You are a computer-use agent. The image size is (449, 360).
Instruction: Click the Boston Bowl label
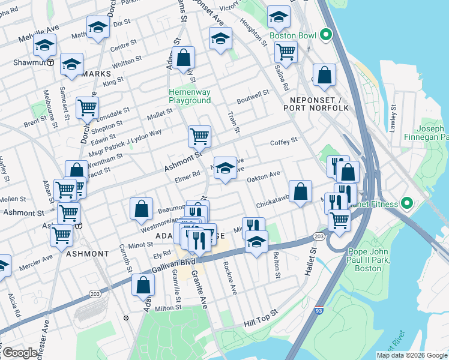click(292, 35)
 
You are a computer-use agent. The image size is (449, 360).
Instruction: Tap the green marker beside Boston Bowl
click(327, 35)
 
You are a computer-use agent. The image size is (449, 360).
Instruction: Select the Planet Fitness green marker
click(407, 204)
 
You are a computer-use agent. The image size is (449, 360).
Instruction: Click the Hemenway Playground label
click(190, 96)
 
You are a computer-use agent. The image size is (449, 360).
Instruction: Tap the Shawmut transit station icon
click(52, 62)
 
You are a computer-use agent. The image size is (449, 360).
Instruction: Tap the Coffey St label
click(284, 141)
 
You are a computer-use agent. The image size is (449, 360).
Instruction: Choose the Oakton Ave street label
click(264, 174)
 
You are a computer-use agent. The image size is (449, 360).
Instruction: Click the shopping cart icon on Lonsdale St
click(87, 108)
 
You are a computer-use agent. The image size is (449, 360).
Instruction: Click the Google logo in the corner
click(20, 353)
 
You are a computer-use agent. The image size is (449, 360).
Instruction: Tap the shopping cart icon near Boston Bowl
click(286, 52)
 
